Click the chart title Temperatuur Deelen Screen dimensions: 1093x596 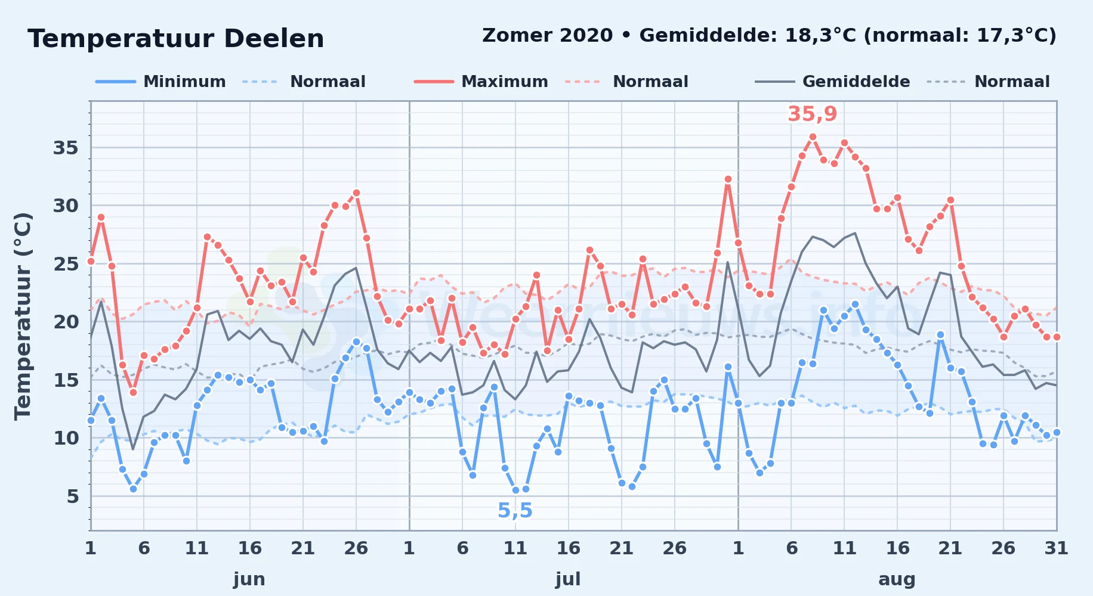click(176, 39)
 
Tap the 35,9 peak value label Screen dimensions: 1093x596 click(813, 114)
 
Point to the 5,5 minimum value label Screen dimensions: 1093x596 click(515, 511)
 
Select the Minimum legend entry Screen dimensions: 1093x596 click(160, 82)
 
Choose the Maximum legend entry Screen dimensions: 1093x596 click(481, 82)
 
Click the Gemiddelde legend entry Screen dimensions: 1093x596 click(833, 82)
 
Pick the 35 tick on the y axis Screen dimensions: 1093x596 click(66, 148)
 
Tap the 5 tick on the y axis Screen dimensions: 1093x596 click(73, 496)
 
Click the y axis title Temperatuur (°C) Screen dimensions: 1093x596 click(23, 316)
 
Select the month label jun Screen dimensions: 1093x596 click(249, 579)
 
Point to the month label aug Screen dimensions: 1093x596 click(897, 579)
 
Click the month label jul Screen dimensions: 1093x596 click(568, 579)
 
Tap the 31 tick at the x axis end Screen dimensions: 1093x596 click(1056, 548)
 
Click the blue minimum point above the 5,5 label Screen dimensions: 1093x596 click(515, 490)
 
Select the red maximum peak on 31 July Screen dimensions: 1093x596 click(728, 179)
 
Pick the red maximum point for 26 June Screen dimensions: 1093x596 click(356, 193)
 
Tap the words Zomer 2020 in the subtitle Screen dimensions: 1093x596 click(548, 36)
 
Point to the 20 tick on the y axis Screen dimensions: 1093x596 click(66, 322)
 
